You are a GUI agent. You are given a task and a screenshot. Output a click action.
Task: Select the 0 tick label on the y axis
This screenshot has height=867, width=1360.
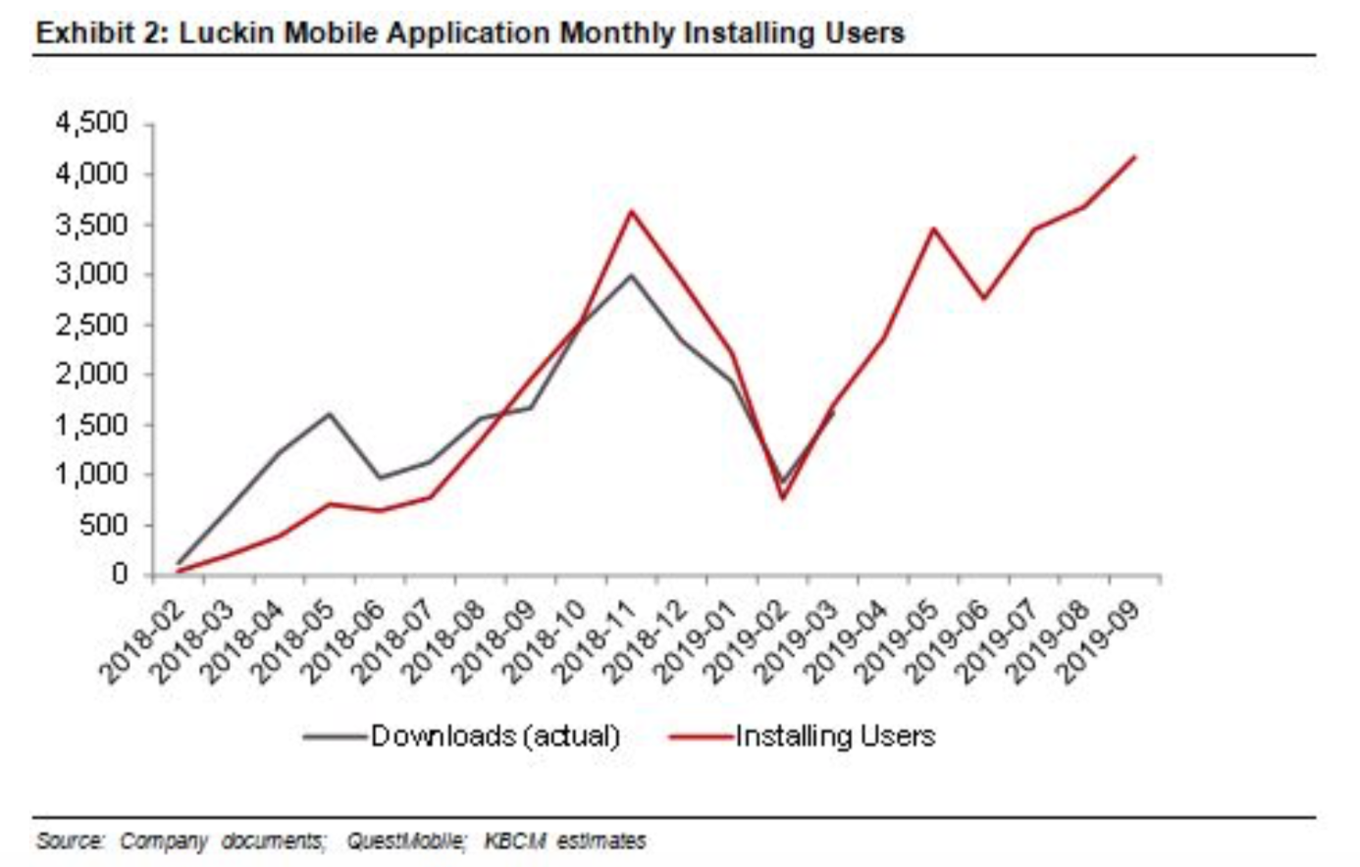[x=121, y=575]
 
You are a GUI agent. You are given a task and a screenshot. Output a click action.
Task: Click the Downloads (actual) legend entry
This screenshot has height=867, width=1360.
[x=495, y=736]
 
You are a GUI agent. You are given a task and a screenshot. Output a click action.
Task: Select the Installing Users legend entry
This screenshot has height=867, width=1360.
[x=835, y=736]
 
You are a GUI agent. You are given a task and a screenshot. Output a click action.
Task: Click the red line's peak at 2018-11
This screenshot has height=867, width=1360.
[x=631, y=211]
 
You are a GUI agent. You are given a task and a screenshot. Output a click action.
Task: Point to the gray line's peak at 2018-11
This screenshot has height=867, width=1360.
[x=631, y=275]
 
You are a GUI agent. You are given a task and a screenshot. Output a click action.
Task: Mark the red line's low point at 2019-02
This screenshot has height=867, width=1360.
[x=783, y=497]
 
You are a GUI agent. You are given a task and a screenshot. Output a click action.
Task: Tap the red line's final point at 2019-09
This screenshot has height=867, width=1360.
[x=1134, y=157]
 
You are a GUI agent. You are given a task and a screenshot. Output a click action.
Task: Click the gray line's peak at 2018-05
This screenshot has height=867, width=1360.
[x=329, y=414]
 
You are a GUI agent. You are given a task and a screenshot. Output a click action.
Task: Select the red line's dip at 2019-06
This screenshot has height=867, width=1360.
[x=983, y=297]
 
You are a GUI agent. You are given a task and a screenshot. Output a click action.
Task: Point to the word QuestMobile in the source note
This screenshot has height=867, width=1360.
[x=405, y=841]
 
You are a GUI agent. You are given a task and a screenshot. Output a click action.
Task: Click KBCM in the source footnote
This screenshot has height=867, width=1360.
[x=515, y=841]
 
